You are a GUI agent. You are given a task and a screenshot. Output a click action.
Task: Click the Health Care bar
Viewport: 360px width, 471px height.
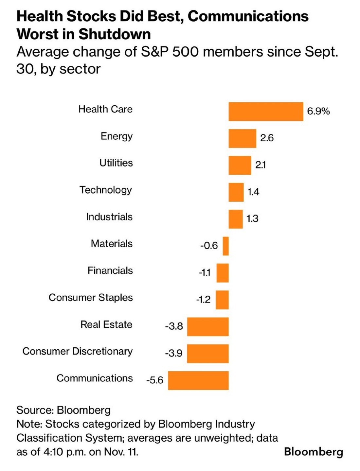coord(266,112)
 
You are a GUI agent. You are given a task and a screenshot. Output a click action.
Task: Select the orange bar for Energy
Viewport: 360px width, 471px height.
coord(242,138)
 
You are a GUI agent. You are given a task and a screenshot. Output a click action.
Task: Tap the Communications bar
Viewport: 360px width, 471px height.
coord(198,380)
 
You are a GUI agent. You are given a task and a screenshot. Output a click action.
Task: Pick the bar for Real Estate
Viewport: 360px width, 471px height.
coord(208,326)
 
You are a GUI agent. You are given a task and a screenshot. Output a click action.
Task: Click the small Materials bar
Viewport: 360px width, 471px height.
coord(225,246)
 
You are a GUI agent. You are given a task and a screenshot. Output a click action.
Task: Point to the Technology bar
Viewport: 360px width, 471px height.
coord(236,192)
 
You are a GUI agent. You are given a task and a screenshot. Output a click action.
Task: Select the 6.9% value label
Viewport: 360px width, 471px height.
coord(318,111)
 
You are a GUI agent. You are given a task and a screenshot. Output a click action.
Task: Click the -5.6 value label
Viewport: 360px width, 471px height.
coord(154,380)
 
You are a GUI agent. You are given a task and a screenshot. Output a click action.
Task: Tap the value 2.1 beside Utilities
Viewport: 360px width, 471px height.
coord(261,165)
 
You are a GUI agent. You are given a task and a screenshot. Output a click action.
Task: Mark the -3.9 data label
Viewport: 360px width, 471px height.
coord(174,353)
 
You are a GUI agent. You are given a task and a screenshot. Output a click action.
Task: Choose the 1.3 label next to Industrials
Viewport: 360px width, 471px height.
coord(252,218)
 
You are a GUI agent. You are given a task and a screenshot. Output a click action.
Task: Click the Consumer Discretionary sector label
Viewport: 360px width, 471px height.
coord(78,351)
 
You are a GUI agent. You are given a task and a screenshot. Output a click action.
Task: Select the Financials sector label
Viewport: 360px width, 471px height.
coord(110,271)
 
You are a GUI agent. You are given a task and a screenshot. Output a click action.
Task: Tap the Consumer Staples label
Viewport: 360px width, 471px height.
coord(91,298)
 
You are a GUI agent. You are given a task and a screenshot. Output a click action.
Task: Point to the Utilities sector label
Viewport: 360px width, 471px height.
coord(116,163)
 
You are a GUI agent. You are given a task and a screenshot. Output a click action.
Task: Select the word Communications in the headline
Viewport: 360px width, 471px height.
coord(248,16)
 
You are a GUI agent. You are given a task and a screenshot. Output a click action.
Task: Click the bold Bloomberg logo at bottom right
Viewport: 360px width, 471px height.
coord(314,452)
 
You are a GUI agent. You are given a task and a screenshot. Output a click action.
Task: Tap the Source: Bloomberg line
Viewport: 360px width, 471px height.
coord(63,410)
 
